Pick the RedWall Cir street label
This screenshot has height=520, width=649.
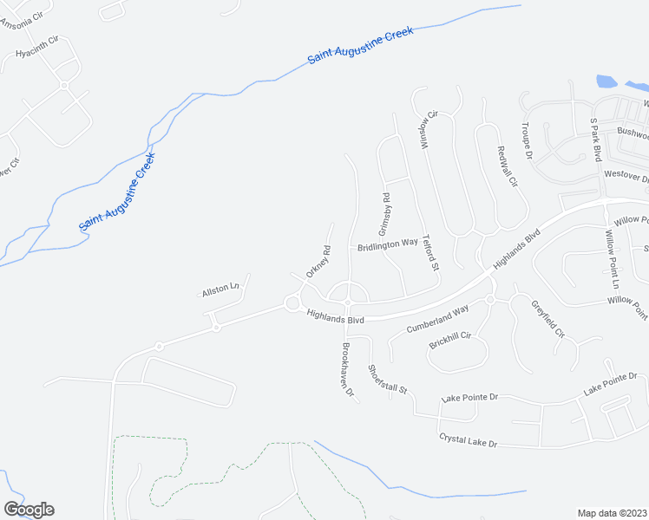coord(507,166)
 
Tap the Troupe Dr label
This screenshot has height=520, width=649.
coord(527,140)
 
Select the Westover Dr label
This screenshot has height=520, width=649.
coord(626,176)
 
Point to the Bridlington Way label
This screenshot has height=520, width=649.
coord(388,245)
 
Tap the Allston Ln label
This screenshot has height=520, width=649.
coord(220,290)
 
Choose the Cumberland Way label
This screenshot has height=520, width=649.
coord(437,319)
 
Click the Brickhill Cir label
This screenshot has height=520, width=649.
coord(449,341)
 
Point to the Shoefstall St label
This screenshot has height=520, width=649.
coord(387,380)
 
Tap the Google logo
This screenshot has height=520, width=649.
coord(29,510)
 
